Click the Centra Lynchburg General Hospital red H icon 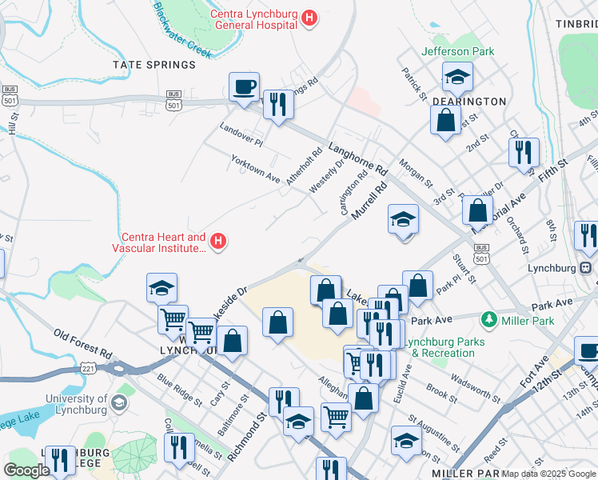(309, 17)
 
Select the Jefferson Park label (458, 51)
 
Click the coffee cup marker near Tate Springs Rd (244, 86)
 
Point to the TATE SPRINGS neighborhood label (154, 64)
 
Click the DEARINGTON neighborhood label (469, 102)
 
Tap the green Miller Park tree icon (487, 320)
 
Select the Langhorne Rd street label (357, 159)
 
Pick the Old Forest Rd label (83, 343)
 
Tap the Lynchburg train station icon (585, 267)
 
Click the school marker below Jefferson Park (458, 77)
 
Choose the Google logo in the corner (27, 470)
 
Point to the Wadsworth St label (476, 382)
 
